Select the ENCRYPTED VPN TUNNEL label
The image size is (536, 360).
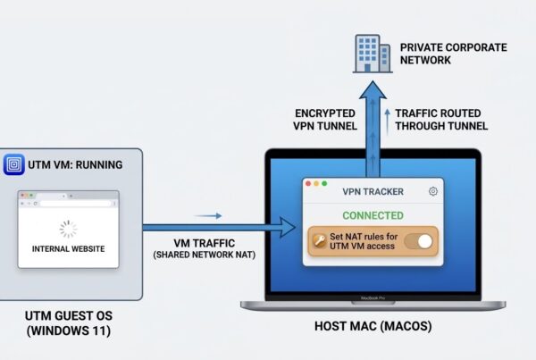point(326,119)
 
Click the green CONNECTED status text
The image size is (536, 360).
point(373,215)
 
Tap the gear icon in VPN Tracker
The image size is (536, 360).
point(433,191)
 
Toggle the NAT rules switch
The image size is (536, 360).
point(418,241)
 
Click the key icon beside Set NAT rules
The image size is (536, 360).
point(318,241)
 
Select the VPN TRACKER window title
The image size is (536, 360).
point(373,191)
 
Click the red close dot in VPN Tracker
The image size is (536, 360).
point(310,184)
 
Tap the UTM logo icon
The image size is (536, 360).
point(14,165)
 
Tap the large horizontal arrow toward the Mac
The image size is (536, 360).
point(219,228)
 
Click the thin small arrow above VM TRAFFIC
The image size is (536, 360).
point(207,215)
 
